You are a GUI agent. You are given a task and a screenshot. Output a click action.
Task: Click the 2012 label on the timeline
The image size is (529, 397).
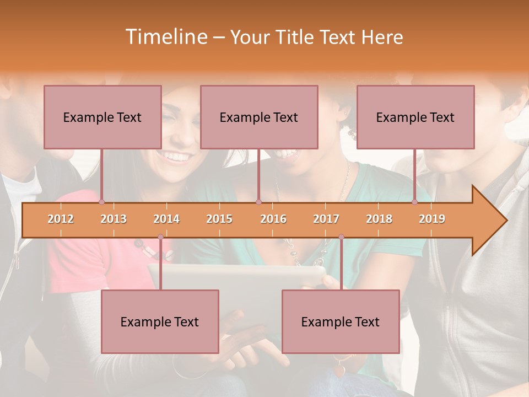[61, 219]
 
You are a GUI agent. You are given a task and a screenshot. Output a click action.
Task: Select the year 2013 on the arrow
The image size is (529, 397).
[114, 219]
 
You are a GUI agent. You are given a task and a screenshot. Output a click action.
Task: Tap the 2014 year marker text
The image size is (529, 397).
[166, 219]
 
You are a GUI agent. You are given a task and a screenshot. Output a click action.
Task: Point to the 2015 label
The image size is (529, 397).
[219, 219]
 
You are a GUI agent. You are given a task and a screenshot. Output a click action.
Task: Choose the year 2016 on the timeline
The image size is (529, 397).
[273, 219]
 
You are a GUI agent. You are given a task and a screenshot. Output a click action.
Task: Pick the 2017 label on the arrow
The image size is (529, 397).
[326, 219]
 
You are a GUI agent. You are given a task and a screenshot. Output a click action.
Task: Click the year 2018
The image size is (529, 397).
[379, 219]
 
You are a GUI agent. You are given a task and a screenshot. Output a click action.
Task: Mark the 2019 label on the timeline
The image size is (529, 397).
[432, 219]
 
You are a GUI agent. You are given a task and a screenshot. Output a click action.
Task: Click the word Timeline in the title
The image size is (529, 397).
[165, 37]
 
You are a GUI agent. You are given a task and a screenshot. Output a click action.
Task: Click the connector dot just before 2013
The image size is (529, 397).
[101, 202]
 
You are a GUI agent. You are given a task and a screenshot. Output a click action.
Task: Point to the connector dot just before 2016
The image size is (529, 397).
[258, 202]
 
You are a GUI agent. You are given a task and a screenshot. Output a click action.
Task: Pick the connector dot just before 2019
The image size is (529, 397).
[415, 202]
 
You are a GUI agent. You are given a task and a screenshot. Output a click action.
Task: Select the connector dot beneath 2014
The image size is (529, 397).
[160, 237]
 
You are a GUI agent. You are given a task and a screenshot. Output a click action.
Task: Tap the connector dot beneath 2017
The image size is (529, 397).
[341, 237]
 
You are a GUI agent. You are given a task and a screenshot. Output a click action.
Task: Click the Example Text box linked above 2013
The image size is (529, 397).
[102, 117]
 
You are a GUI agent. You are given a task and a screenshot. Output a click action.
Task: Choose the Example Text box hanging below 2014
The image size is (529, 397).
[160, 321]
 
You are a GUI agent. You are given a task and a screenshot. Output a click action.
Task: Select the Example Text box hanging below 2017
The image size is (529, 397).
[341, 321]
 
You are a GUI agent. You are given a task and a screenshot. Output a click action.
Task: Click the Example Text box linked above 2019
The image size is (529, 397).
[415, 117]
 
